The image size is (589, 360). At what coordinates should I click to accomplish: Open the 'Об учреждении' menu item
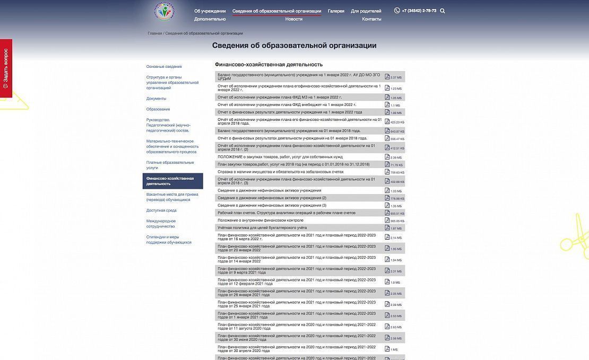click(210, 11)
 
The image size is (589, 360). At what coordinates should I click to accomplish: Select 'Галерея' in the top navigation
click(336, 11)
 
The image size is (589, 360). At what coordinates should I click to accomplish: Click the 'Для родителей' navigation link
click(366, 11)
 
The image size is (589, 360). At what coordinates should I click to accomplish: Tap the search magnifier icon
click(443, 11)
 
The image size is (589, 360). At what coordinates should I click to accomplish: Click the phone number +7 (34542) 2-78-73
click(419, 11)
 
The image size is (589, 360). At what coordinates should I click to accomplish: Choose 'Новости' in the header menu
click(293, 19)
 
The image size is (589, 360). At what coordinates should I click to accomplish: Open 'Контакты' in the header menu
click(371, 19)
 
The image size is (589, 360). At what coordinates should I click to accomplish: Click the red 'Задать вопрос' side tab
click(6, 68)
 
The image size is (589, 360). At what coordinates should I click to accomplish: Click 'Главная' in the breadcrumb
click(154, 33)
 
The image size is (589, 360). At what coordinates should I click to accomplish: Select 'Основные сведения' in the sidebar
click(164, 67)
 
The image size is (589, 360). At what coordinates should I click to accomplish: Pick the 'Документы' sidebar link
click(156, 99)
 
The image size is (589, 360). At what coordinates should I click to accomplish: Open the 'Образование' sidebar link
click(158, 109)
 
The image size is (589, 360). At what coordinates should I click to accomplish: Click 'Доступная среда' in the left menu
click(161, 210)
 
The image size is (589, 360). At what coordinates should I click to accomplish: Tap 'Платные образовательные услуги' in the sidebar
click(170, 165)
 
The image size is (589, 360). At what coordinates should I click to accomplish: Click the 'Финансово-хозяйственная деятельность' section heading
click(268, 65)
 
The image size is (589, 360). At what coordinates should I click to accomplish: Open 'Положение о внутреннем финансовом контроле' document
click(260, 220)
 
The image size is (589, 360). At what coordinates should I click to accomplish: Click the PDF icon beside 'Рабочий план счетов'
click(387, 213)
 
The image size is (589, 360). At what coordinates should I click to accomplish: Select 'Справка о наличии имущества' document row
click(280, 172)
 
